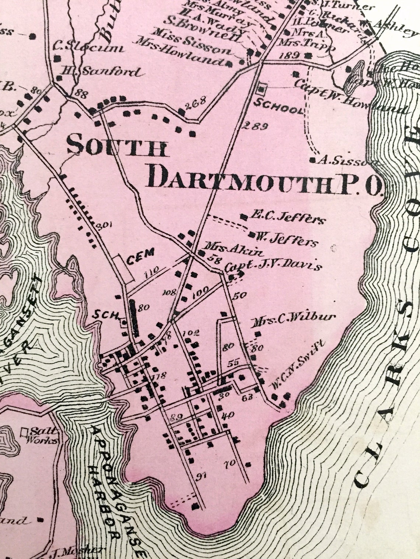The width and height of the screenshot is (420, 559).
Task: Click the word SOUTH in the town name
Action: (117, 146)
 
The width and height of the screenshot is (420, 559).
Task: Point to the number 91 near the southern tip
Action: (201, 477)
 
